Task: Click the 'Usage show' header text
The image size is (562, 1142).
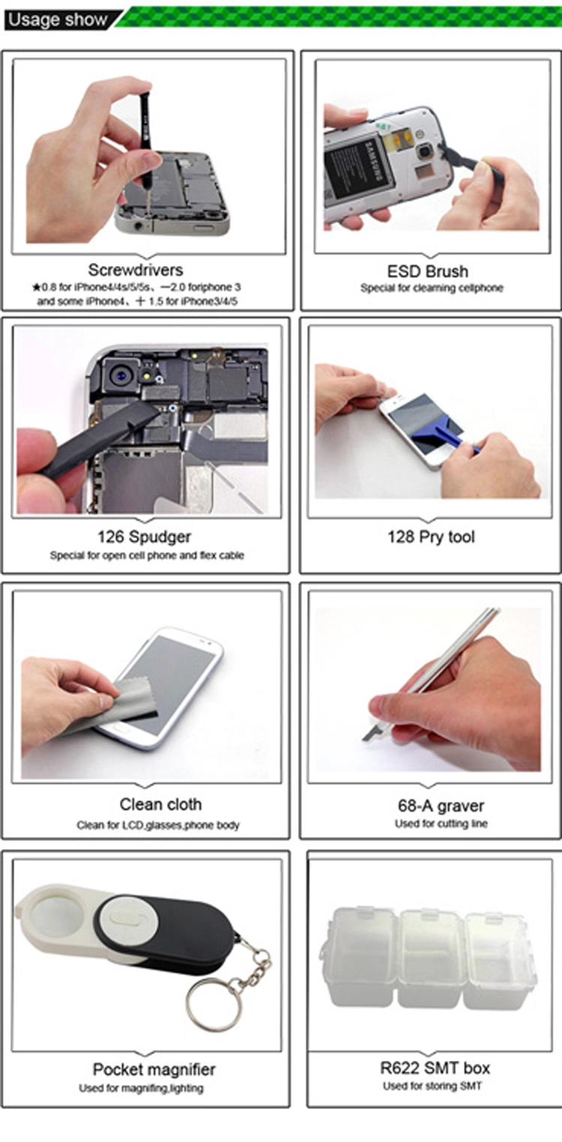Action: click(57, 19)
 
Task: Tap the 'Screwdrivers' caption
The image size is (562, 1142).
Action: click(135, 270)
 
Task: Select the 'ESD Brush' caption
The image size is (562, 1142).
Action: click(427, 271)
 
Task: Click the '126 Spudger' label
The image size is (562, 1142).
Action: click(144, 537)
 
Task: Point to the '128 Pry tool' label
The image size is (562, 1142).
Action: click(431, 537)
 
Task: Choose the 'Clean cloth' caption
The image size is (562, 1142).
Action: click(160, 804)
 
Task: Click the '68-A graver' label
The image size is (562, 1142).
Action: click(441, 806)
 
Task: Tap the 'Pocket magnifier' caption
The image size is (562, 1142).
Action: click(154, 1069)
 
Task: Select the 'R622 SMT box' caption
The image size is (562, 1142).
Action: click(435, 1068)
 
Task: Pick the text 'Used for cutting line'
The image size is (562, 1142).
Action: click(441, 824)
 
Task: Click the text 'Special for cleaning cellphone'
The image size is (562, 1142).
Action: click(432, 288)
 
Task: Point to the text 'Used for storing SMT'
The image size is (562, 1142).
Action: click(432, 1086)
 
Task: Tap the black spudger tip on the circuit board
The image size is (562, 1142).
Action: click(148, 415)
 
